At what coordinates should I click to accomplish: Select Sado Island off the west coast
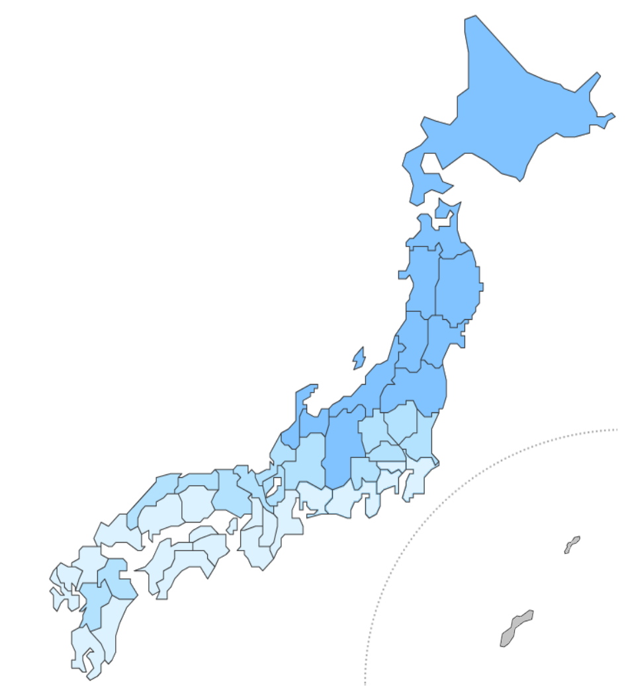click(359, 358)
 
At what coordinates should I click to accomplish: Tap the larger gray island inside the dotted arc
click(515, 629)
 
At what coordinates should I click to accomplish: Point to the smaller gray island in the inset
click(572, 545)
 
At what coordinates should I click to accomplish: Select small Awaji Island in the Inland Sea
click(232, 526)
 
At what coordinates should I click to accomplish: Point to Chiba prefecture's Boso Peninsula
click(417, 482)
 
